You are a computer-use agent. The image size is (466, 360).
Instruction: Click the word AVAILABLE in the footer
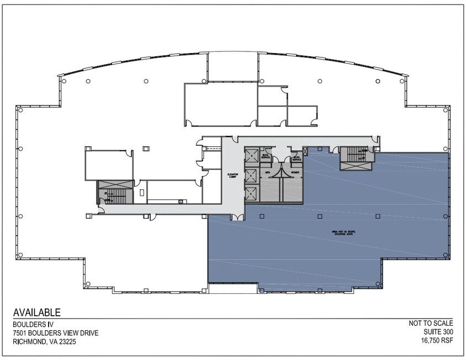pos(36,312)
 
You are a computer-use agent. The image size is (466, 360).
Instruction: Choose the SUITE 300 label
pos(437,333)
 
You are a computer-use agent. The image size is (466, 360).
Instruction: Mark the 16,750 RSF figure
pos(437,342)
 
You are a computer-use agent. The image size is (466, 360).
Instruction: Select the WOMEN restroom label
pos(295,172)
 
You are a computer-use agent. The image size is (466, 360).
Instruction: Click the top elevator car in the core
pos(251,156)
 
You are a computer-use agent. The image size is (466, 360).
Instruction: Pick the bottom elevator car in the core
pos(251,194)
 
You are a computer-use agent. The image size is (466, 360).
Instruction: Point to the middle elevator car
pos(251,176)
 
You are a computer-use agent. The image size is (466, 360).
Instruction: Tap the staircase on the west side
pos(115,194)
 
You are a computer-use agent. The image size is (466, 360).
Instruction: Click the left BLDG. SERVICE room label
pos(266,157)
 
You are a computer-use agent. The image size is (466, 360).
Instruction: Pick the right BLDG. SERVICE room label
pos(296,157)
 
